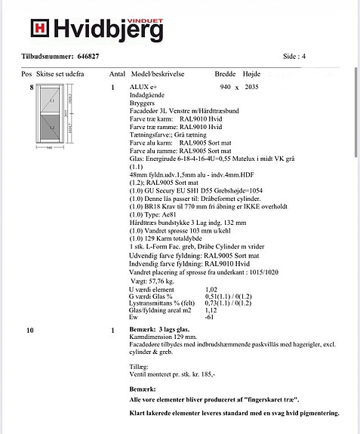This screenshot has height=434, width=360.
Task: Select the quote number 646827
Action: tap(88, 57)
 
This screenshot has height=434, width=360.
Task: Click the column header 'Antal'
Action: tap(117, 75)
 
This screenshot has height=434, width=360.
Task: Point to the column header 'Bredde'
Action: tap(226, 75)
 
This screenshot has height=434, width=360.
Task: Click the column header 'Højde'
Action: tap(252, 75)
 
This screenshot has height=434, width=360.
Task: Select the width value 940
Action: tap(225, 88)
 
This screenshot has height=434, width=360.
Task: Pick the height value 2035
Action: tap(252, 88)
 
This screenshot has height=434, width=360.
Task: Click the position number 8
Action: tap(31, 88)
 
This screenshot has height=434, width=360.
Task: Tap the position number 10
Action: tap(29, 331)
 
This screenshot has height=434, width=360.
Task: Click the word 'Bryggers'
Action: tap(142, 103)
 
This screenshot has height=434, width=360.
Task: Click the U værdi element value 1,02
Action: tap(212, 289)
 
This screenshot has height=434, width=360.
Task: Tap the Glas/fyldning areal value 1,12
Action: tap(211, 309)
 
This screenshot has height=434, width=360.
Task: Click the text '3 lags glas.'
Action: tap(175, 331)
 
